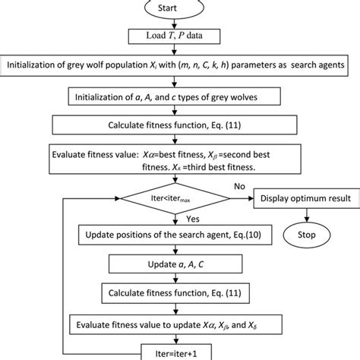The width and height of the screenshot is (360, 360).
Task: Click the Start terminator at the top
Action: [x=180, y=8]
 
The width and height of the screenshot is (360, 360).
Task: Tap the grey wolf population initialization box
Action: [x=180, y=66]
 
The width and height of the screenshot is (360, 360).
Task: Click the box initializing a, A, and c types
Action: [x=180, y=97]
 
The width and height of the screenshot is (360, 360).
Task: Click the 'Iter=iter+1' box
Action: [x=180, y=351]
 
